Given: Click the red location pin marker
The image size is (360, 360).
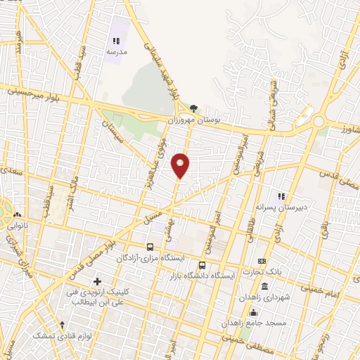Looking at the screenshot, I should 181,166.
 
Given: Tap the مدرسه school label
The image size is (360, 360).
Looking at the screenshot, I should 117,53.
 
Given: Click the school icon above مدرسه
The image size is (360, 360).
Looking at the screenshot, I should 117,41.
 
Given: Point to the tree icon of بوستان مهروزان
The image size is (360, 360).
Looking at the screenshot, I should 193,109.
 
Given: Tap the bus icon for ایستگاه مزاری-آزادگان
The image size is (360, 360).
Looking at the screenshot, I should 150,247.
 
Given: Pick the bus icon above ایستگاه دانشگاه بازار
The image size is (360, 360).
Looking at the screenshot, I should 203,265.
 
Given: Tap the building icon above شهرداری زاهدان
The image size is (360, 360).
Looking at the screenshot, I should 265,286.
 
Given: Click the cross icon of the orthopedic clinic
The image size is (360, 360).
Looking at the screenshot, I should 107,281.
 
